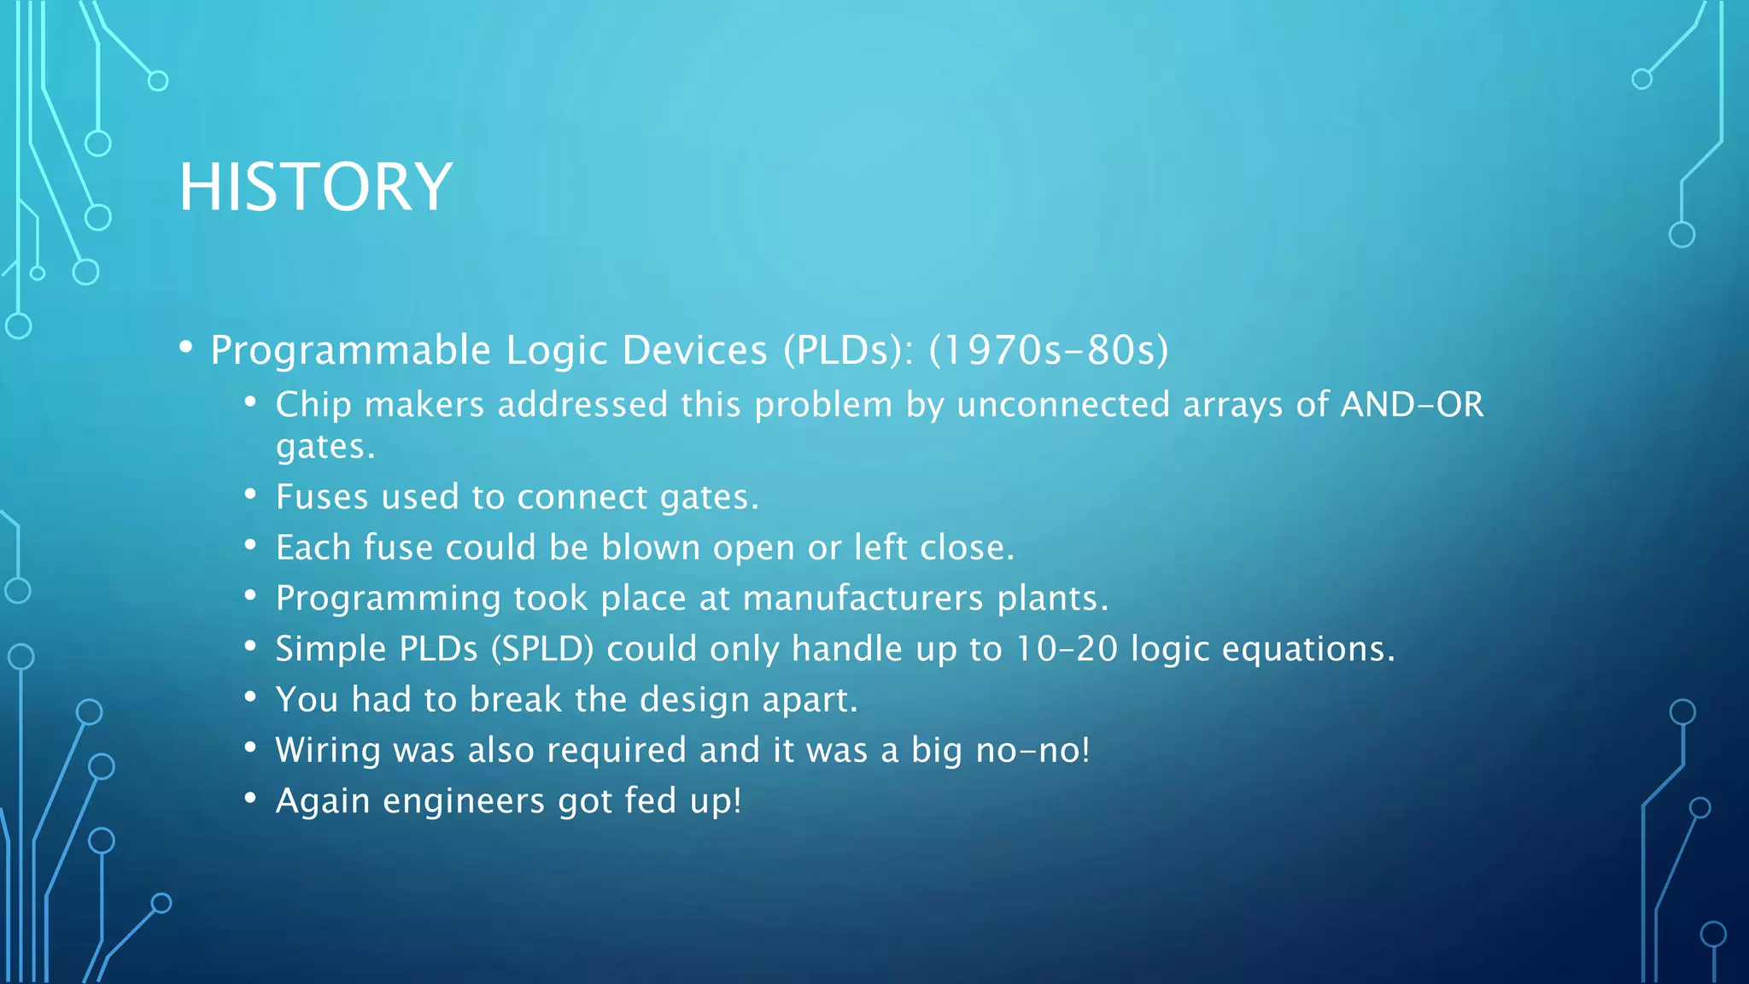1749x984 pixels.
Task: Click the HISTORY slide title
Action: coord(315,187)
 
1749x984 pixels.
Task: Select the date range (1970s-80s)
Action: coord(1048,351)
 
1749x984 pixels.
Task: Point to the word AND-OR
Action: coord(1412,405)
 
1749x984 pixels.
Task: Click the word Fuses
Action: coord(322,497)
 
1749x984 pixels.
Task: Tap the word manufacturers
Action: coord(863,598)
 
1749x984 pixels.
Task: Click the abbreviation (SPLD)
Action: coord(541,649)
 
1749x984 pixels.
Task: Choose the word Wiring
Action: coord(328,751)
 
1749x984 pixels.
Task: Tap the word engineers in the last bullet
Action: coord(463,801)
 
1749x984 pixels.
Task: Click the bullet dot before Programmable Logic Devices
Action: coord(186,347)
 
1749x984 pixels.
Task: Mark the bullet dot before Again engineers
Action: coord(250,798)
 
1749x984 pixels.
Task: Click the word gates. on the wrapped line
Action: coord(325,447)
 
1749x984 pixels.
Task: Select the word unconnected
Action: coord(1062,405)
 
